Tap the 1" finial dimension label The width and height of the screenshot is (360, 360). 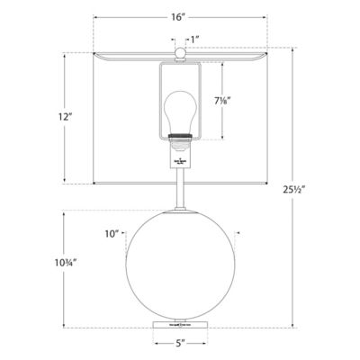194,40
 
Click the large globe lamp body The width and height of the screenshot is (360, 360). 183,267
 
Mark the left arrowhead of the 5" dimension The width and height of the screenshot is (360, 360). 153,343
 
